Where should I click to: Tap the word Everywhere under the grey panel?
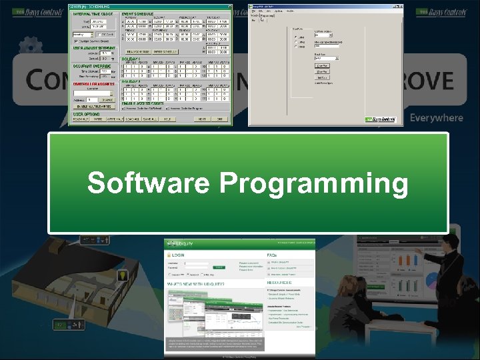click(436, 118)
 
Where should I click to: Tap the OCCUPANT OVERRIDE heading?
click(91, 65)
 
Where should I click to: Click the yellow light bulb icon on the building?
click(123, 275)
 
